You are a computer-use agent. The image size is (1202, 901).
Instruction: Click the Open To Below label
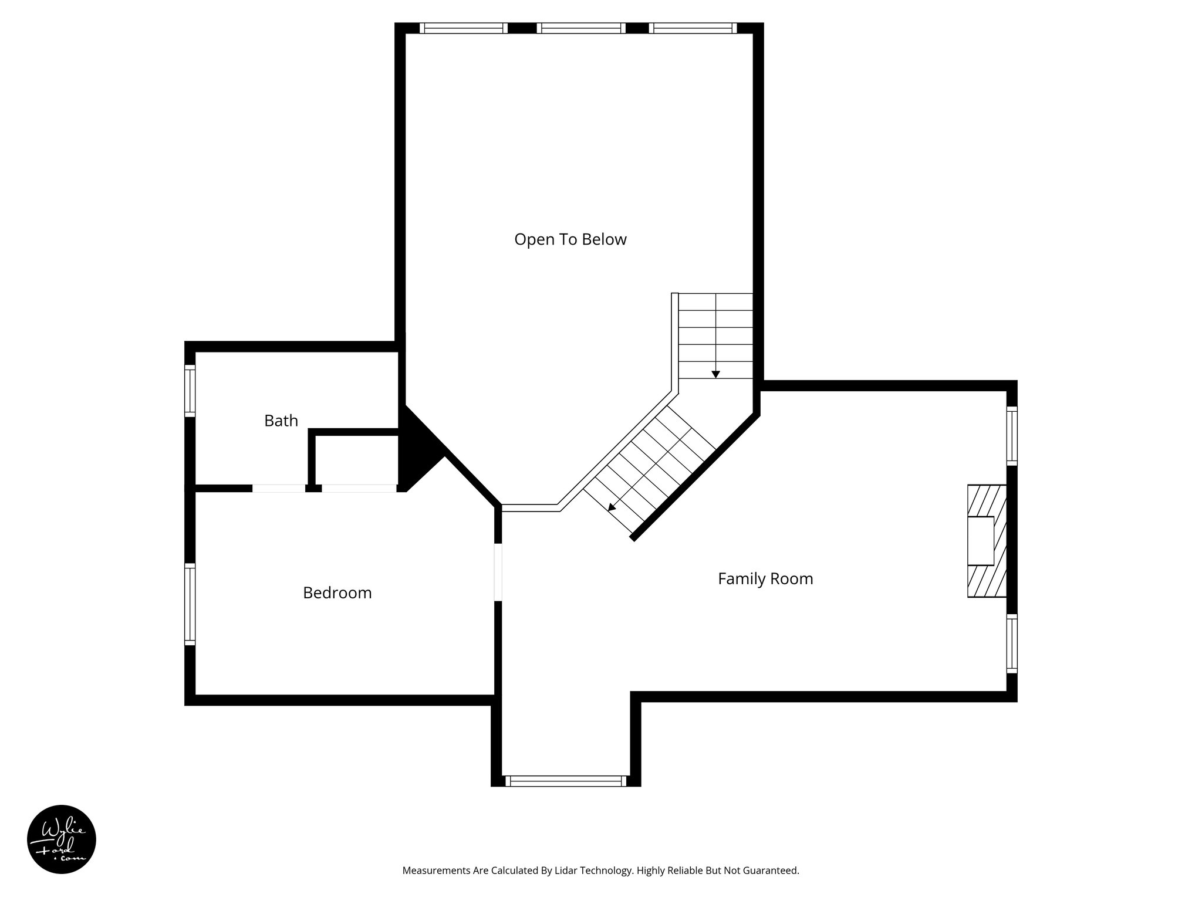[x=570, y=239]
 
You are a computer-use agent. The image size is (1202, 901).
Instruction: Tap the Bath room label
[x=281, y=421]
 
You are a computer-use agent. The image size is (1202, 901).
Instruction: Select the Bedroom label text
[x=337, y=593]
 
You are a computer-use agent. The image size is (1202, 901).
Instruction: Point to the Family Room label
[x=765, y=579]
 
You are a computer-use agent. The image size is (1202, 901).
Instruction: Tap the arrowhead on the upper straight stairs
[x=715, y=374]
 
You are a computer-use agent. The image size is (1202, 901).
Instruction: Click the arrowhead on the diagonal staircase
[x=612, y=507]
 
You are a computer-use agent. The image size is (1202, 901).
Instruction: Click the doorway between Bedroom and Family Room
[x=498, y=572]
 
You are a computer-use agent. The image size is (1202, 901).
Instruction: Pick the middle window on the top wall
[x=581, y=28]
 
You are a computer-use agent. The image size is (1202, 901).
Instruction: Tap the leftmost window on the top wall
[x=464, y=28]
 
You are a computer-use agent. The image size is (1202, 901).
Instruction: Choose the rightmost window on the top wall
[x=693, y=28]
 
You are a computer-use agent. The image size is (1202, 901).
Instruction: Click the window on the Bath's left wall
[x=190, y=391]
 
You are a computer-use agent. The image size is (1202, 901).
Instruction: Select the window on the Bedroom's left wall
[x=190, y=604]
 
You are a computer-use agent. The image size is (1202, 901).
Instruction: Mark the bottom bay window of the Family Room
[x=566, y=781]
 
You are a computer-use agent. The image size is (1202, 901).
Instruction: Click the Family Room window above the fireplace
[x=1012, y=436]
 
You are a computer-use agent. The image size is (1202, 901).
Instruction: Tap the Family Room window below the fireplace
[x=1012, y=643]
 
